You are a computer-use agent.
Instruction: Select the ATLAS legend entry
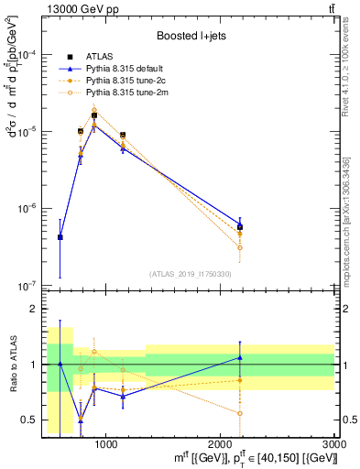pos(100,57)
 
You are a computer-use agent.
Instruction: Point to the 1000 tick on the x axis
pos(105,444)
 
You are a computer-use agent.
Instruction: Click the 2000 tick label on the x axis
pos(220,444)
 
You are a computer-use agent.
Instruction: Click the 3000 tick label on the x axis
pos(333,444)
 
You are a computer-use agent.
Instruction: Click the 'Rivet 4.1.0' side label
pos(351,82)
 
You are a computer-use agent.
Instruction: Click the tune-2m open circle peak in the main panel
pos(93,110)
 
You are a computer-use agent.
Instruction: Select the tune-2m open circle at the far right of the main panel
pos(239,247)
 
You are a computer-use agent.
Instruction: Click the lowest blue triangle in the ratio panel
pos(81,419)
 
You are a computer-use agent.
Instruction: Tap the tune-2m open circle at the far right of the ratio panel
pos(239,413)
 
